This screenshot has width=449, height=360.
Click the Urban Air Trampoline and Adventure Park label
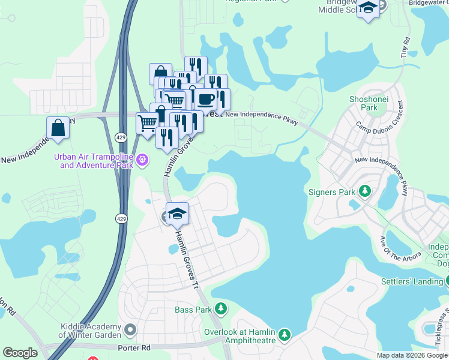pyautogui.click(x=94, y=161)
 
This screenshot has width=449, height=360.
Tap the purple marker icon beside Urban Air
pyautogui.click(x=142, y=160)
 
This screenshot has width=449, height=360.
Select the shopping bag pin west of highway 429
pyautogui.click(x=58, y=128)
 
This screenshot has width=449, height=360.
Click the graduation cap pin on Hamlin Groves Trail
pyautogui.click(x=178, y=214)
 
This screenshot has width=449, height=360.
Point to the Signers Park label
pyautogui.click(x=332, y=192)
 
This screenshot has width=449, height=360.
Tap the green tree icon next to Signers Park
pyautogui.click(x=364, y=191)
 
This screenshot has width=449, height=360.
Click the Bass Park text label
pyautogui.click(x=193, y=310)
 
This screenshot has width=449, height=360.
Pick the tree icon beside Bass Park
pyautogui.click(x=221, y=309)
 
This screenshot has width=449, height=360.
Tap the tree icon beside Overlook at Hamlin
pyautogui.click(x=285, y=334)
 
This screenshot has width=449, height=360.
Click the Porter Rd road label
pyautogui.click(x=134, y=348)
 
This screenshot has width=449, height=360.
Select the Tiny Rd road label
pyautogui.click(x=406, y=47)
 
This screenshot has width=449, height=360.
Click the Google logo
pyautogui.click(x=20, y=353)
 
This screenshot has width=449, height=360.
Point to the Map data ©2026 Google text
pyautogui.click(x=411, y=355)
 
